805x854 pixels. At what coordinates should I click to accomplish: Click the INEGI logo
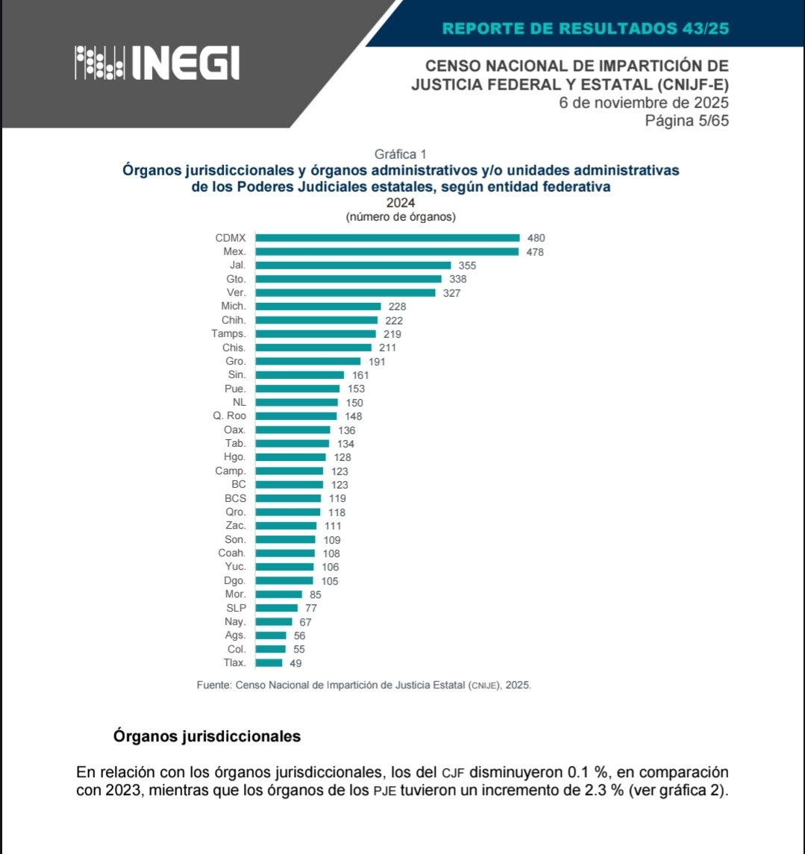[x=157, y=63]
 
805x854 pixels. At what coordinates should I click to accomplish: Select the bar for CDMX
[x=387, y=238]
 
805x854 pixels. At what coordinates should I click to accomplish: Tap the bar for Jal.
[x=353, y=265]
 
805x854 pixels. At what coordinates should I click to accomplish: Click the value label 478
[x=535, y=252]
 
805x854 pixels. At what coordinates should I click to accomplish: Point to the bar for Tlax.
[x=269, y=662]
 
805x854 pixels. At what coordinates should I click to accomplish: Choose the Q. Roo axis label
[x=230, y=415]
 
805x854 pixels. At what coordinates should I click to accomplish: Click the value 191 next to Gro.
[x=377, y=361]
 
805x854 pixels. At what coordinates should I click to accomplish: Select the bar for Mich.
[x=318, y=306]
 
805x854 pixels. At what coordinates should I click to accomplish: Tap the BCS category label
[x=235, y=497]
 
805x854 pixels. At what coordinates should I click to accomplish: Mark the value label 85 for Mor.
[x=315, y=594]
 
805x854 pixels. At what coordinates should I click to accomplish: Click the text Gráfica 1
[x=400, y=154]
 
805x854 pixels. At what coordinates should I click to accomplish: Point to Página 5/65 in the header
[x=686, y=121]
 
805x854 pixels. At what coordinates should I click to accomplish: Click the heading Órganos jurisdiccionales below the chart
[x=207, y=736]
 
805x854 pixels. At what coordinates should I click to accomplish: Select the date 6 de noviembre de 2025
[x=644, y=103]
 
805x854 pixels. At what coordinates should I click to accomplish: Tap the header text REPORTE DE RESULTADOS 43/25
[x=585, y=29]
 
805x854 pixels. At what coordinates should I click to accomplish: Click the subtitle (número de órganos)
[x=401, y=217]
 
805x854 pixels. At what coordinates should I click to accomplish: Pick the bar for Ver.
[x=345, y=292]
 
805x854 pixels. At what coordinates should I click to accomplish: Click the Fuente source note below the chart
[x=364, y=684]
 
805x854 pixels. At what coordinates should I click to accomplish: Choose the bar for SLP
[x=276, y=608]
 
